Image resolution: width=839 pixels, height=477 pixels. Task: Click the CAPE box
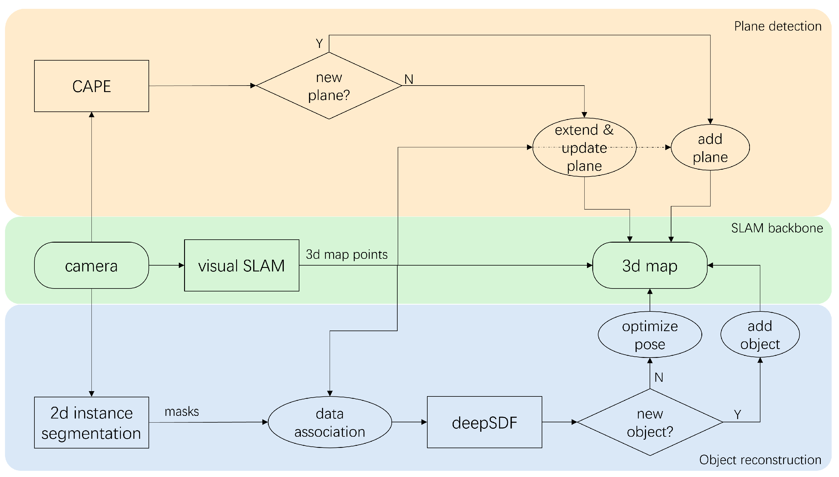pos(91,86)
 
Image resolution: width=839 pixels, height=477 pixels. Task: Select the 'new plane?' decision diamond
pos(328,86)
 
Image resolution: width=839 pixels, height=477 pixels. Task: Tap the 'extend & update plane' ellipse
pos(584,148)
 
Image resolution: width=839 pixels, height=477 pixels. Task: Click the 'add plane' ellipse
pos(710,148)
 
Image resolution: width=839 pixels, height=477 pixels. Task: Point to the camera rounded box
pos(91,265)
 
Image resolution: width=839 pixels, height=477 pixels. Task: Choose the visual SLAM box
pos(241,265)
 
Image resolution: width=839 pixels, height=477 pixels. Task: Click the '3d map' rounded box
pos(650,265)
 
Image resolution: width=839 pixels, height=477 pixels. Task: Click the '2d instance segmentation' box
pos(91,423)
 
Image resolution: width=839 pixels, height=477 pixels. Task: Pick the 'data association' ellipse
pos(330,423)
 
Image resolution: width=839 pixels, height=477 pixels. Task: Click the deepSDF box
pos(484,423)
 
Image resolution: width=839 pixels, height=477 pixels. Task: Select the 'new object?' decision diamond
pos(650,423)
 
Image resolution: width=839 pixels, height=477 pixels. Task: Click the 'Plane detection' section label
pos(778,26)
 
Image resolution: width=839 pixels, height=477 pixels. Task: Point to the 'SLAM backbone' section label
pos(777,228)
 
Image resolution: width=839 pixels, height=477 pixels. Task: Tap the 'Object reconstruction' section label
pos(760,460)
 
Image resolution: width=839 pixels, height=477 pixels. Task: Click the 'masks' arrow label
pos(181,412)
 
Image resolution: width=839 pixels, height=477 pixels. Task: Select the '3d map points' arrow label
pos(346,255)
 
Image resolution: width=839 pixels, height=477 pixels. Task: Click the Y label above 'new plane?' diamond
pos(319,44)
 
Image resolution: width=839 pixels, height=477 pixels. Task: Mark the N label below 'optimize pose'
pos(659,377)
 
